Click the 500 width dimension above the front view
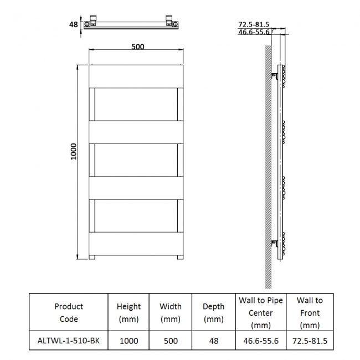pyautogui.click(x=137, y=47)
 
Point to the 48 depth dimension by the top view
pyautogui.click(x=73, y=25)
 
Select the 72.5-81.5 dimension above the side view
pyautogui.click(x=253, y=24)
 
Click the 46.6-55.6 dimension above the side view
pyautogui.click(x=253, y=32)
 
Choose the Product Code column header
pyautogui.click(x=69, y=312)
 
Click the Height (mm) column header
pyautogui.click(x=128, y=312)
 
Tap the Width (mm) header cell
pyautogui.click(x=171, y=312)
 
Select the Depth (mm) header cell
pyautogui.click(x=213, y=312)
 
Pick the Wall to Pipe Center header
pyautogui.click(x=260, y=312)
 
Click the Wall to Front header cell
pyautogui.click(x=309, y=312)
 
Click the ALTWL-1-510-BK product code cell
pyautogui.click(x=69, y=341)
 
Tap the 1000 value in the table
pyautogui.click(x=128, y=341)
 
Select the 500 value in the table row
pyautogui.click(x=171, y=341)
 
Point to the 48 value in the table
pyautogui.click(x=213, y=341)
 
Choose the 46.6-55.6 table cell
pyautogui.click(x=260, y=341)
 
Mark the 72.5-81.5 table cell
pyautogui.click(x=309, y=341)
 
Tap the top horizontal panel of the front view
pyautogui.click(x=137, y=76)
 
